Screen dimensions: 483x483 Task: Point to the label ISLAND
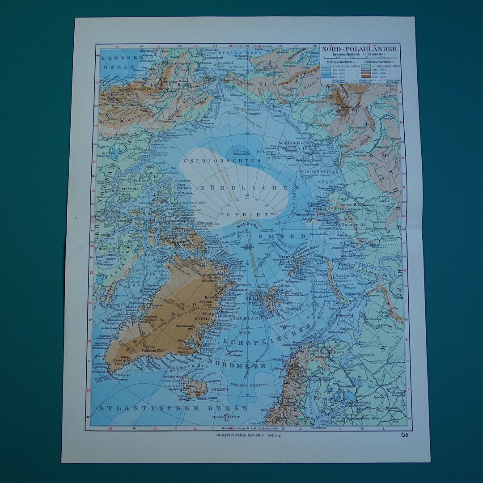coord(220,389)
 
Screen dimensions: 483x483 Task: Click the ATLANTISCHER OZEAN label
coord(174,408)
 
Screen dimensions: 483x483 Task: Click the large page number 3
coord(404,434)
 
